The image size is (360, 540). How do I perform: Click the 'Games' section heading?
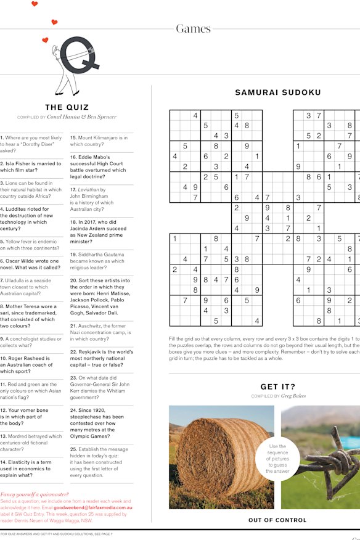coord(193,29)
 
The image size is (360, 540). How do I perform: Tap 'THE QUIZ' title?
coord(67,107)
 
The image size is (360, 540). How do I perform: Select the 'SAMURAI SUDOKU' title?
coord(277,93)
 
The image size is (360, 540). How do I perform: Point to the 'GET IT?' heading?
coord(277,387)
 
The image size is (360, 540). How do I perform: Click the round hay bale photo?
coord(222,456)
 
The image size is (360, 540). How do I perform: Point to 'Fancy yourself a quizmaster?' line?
coord(33,494)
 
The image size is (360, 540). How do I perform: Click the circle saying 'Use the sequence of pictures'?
coord(278,459)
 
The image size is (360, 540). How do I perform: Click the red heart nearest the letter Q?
coord(45,40)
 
